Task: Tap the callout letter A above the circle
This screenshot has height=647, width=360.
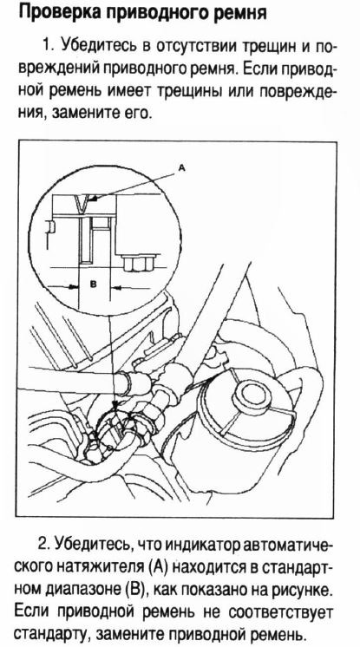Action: click(x=181, y=168)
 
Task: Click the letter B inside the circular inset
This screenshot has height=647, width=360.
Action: click(x=93, y=284)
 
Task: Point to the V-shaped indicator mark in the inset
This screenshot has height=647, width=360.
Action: click(x=82, y=205)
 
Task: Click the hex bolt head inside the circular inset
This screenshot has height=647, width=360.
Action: click(x=137, y=263)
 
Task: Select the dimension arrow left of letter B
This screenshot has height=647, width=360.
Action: click(x=62, y=286)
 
